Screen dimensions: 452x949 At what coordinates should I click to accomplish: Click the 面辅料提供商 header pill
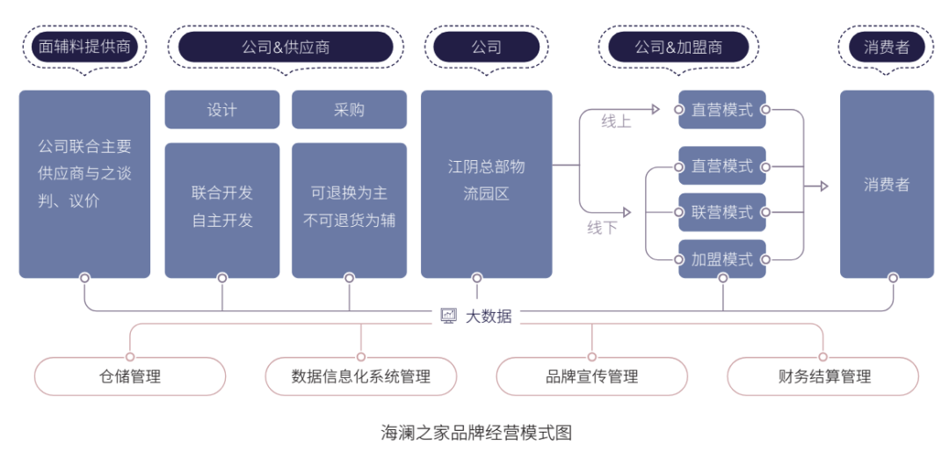84,47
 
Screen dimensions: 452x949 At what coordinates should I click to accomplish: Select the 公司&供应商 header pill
286,47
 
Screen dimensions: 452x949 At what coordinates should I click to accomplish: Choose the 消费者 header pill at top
886,47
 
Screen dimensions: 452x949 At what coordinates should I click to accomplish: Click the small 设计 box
221,110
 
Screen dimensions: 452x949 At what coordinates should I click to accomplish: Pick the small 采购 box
349,110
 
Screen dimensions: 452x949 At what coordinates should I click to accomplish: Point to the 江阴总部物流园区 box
486,184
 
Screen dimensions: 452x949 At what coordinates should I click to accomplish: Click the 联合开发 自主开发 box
221,209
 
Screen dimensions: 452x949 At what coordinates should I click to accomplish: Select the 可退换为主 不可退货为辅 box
349,209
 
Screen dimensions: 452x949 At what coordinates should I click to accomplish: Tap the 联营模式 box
721,212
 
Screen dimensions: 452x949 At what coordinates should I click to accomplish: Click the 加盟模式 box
721,259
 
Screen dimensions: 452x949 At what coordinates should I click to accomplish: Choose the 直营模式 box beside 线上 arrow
721,110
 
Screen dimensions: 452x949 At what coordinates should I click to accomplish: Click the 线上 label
616,121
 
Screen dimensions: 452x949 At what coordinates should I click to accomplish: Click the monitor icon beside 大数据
448,316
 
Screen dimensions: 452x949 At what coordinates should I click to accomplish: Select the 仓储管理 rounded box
130,377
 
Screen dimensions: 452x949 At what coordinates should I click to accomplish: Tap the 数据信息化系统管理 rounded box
361,377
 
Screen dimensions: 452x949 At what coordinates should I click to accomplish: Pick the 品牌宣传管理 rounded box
591,377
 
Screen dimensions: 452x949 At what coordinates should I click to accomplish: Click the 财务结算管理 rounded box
823,377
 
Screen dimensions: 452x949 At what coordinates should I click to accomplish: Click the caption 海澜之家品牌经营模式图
475,433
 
